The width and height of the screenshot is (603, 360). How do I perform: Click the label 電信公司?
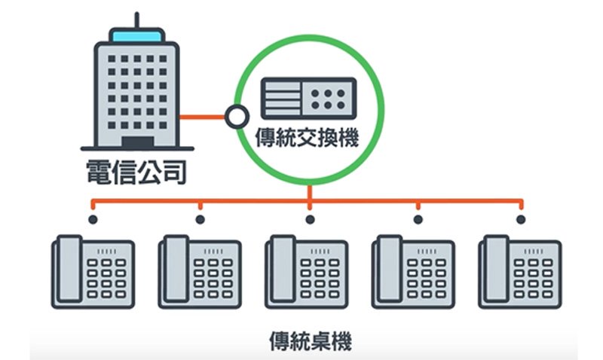coord(133,172)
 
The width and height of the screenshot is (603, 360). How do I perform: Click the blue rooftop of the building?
coord(136,35)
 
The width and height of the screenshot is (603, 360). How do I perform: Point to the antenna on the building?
coord(136,20)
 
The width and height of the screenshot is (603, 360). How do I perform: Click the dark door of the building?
coord(136,142)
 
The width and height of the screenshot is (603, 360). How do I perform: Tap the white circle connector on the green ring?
coord(237,117)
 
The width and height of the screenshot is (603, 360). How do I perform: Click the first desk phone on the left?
coord(94,273)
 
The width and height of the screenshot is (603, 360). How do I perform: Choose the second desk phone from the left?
coord(200,273)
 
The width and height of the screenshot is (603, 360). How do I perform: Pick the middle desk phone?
coord(308,273)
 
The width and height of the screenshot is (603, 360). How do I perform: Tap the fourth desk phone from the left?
coord(415,273)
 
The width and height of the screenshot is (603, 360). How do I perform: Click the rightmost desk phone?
coord(520,273)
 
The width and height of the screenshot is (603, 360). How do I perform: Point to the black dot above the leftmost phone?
coord(93,220)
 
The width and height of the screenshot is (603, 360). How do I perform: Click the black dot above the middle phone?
coord(310,220)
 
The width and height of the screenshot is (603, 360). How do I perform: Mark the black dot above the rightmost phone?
coord(520,220)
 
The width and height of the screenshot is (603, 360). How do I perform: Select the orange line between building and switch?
coord(204,117)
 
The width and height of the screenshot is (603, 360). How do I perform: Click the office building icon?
coord(136,90)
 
